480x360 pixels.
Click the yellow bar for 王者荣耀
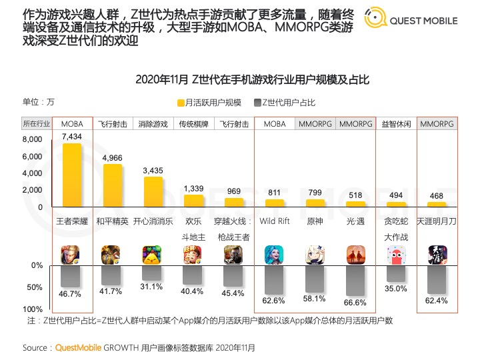(x=71, y=175)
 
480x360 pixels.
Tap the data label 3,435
(x=153, y=171)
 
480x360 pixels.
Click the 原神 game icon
(x=315, y=255)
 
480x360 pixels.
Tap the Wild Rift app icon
(x=274, y=255)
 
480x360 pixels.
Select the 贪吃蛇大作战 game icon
(x=396, y=255)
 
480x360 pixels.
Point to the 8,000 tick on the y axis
(x=32, y=139)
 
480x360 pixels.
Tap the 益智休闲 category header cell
(x=396, y=124)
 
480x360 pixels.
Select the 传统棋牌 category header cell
(x=193, y=124)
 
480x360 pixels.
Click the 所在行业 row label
(x=36, y=124)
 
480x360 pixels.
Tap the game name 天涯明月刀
(x=437, y=221)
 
